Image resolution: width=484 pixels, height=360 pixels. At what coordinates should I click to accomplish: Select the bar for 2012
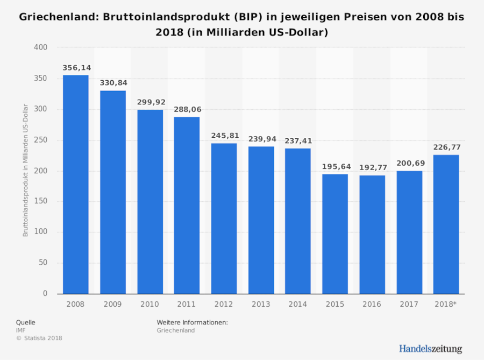224,218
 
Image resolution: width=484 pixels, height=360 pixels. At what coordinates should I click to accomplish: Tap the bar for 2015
335,234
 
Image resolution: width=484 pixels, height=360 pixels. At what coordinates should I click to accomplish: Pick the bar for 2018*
446,224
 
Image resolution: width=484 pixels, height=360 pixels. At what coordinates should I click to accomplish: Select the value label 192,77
372,168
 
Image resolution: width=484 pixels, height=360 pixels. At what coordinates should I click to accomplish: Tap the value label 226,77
446,147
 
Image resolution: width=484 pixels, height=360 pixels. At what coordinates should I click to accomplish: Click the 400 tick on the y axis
41,48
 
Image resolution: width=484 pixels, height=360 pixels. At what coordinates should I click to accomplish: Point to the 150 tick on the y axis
41,202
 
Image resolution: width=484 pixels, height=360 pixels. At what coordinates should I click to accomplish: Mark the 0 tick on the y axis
45,294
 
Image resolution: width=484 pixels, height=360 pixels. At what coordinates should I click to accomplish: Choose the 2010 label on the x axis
150,305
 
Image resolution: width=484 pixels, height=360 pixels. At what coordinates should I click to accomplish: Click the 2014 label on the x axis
297,305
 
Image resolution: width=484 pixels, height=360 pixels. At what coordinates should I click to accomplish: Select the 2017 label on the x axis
409,305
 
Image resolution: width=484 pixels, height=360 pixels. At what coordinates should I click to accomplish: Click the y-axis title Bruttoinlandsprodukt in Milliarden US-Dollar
25,171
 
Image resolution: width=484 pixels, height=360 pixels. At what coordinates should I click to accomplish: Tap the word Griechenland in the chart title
55,17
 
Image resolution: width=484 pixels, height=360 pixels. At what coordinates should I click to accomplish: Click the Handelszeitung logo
430,349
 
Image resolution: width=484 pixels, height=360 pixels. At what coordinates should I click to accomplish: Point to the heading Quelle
26,322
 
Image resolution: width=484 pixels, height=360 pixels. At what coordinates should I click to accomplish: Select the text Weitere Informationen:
193,322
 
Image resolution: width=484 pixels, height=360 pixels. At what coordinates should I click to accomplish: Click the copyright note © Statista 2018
39,338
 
